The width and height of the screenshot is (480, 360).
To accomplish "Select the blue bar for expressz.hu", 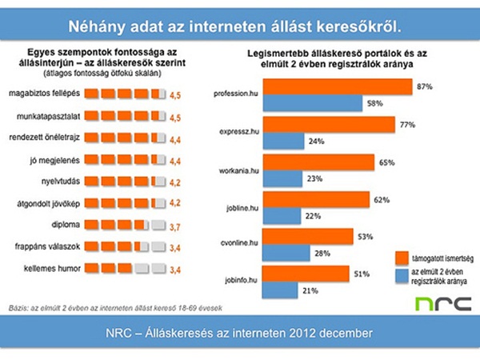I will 283,142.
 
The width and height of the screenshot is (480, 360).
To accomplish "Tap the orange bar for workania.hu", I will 318,162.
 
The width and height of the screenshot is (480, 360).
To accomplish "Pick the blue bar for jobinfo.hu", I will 281,290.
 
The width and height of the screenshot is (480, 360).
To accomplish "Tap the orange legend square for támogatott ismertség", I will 403,256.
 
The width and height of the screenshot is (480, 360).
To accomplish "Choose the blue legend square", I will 403,276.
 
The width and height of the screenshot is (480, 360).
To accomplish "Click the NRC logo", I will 443,304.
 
